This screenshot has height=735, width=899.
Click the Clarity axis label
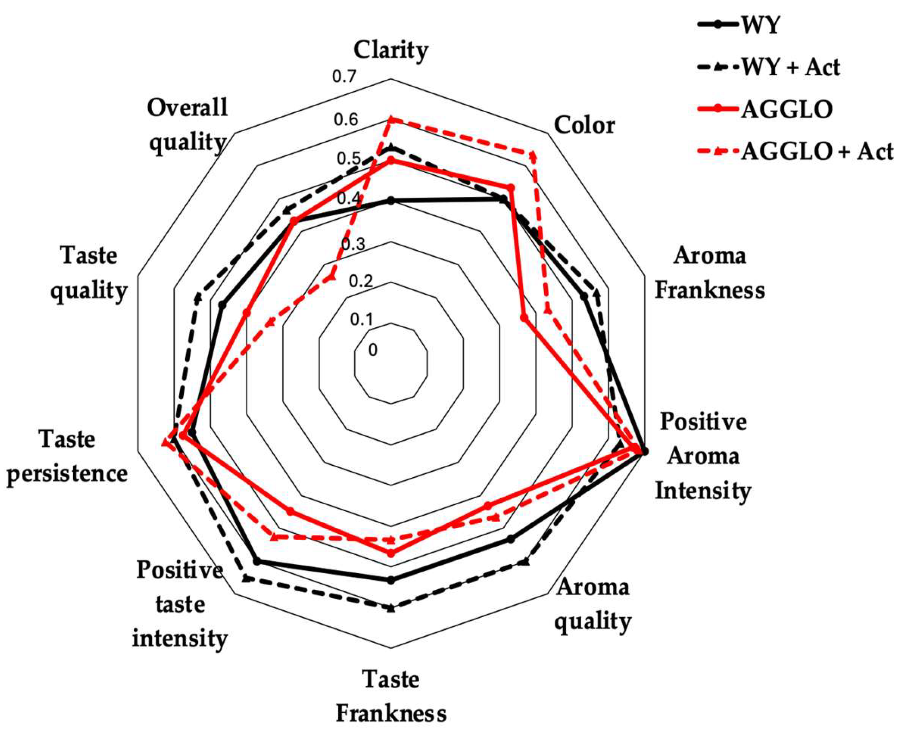(x=391, y=50)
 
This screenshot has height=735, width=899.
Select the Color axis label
(x=584, y=125)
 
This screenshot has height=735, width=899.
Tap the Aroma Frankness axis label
(x=710, y=273)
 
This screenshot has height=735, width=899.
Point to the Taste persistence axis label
(x=67, y=456)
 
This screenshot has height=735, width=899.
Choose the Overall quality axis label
(x=187, y=124)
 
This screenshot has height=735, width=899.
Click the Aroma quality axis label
(x=593, y=604)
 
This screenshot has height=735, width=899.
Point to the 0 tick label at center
(x=373, y=350)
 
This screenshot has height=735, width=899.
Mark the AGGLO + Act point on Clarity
(x=391, y=120)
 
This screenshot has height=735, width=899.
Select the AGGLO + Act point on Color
(x=532, y=156)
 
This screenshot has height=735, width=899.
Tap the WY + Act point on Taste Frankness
(x=391, y=608)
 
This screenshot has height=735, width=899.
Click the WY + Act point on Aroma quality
(x=525, y=562)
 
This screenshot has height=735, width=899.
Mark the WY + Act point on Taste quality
(x=197, y=297)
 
